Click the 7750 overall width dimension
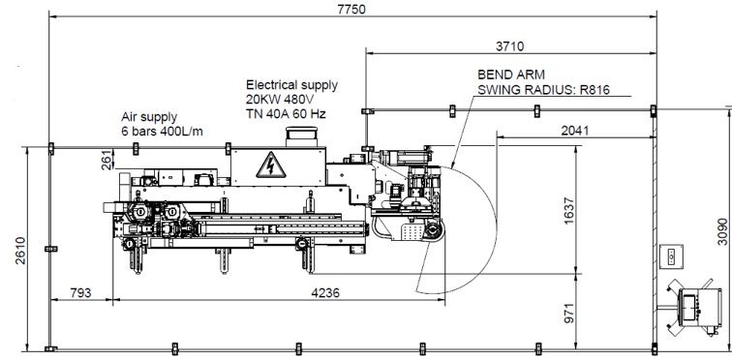tap(351, 9)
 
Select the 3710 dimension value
tap(509, 46)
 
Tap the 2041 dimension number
tap(575, 131)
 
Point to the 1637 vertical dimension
tap(568, 210)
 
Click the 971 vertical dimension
tap(568, 313)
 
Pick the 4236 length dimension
tap(326, 293)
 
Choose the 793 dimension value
tap(80, 293)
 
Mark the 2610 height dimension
tap(20, 251)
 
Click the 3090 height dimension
tap(722, 231)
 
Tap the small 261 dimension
tap(107, 160)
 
